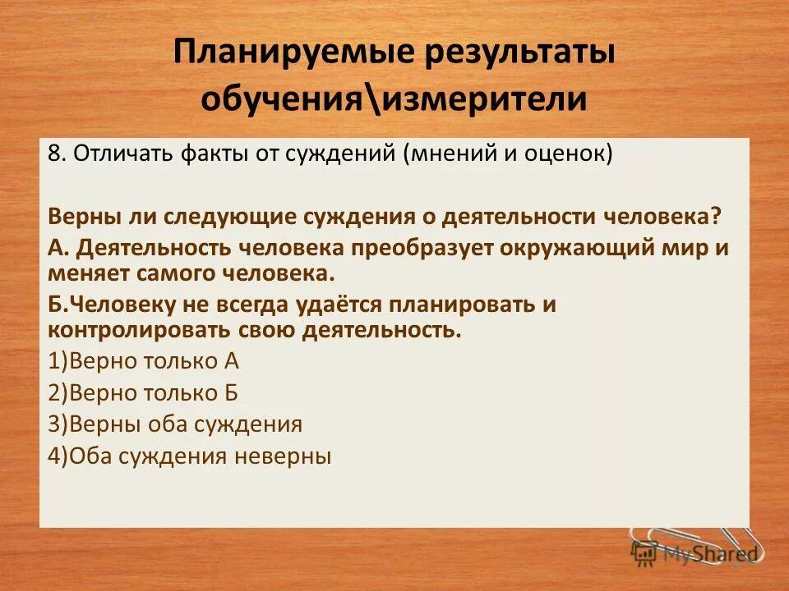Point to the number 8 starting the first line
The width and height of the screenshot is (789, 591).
[54, 155]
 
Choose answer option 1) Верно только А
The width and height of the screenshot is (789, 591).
[143, 361]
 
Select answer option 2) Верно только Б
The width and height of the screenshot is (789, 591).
[143, 392]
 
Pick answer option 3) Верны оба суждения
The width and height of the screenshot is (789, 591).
[175, 424]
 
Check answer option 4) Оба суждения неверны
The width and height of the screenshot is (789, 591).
[190, 456]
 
